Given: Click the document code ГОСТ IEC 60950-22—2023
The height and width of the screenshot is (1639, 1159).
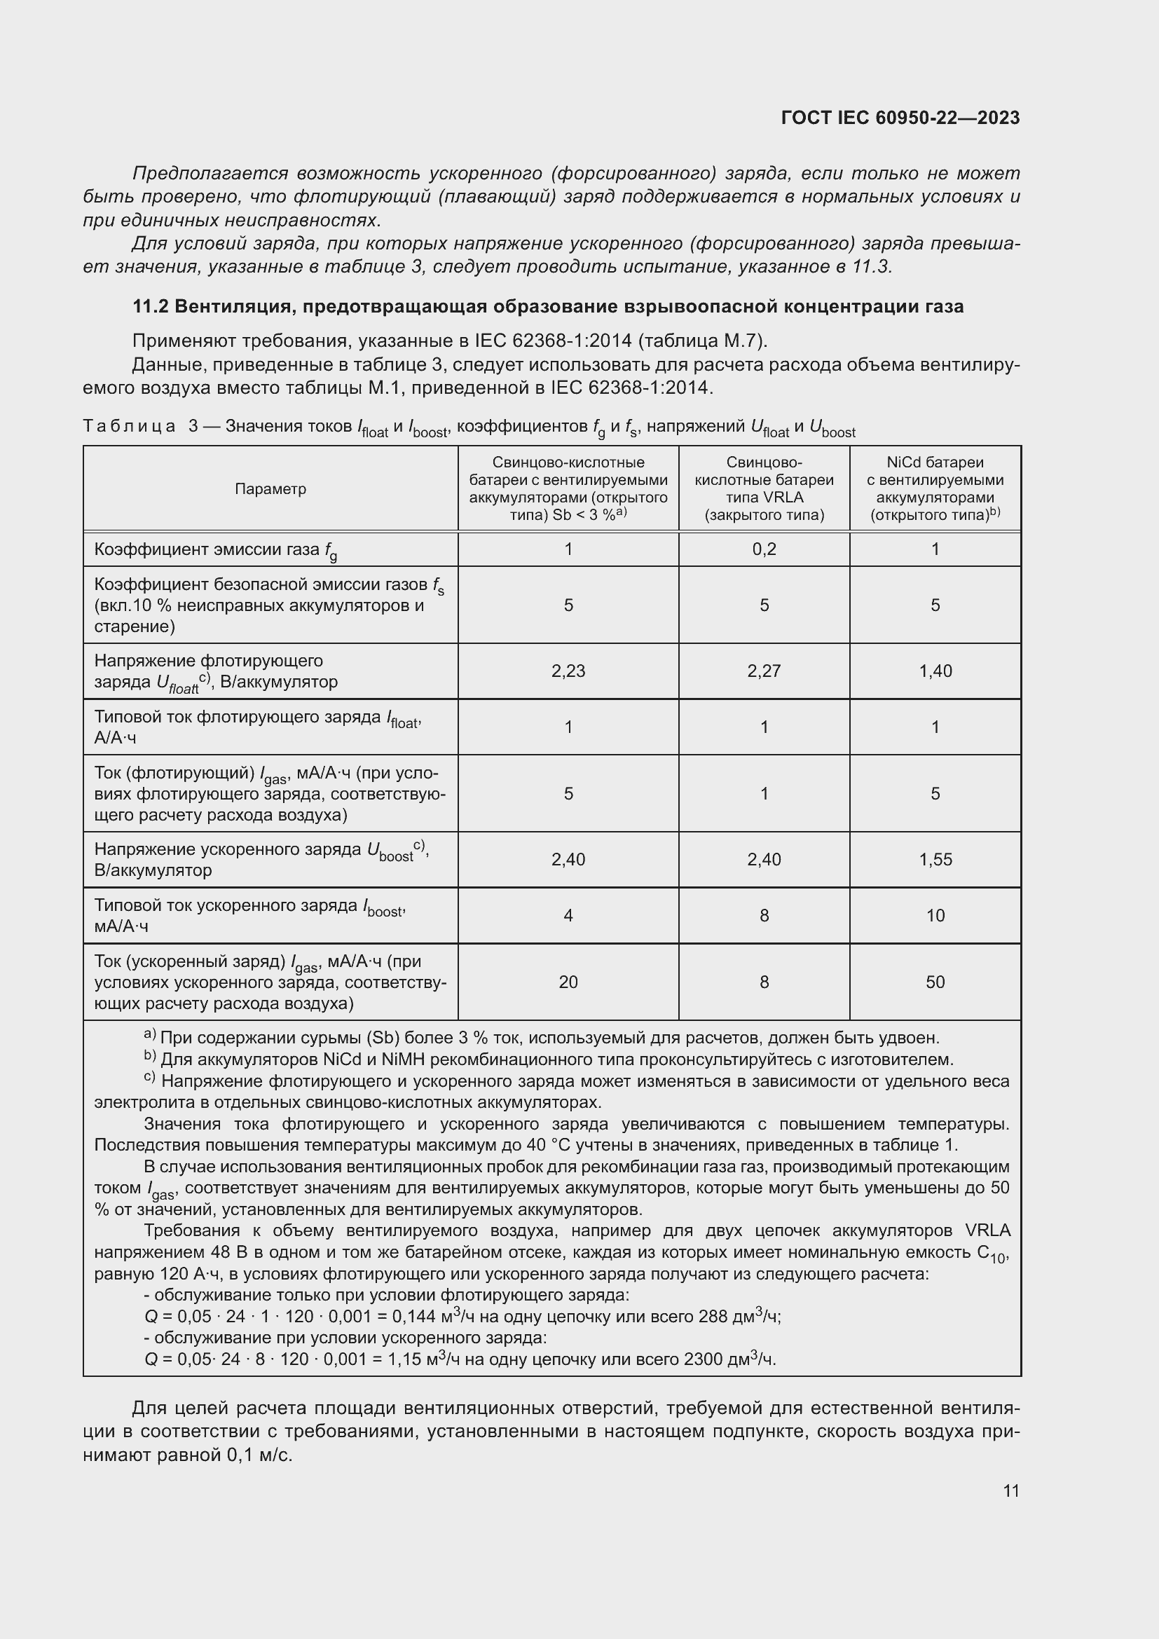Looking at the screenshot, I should pos(900,118).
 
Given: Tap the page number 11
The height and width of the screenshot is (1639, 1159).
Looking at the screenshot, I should pos(1010,1490).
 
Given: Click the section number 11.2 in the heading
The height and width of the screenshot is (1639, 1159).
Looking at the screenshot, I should pos(150,307).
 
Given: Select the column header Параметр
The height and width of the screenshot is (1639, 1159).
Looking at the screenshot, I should pos(270,489).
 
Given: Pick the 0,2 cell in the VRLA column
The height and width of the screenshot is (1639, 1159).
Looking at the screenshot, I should pos(764,549).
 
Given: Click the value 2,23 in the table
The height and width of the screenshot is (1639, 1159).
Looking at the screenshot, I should pos(568,671).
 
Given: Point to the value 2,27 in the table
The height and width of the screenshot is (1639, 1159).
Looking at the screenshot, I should pos(764,671).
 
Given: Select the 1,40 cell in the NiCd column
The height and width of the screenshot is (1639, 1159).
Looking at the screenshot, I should pos(935,671).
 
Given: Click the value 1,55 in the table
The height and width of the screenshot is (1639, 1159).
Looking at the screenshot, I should pos(935,860).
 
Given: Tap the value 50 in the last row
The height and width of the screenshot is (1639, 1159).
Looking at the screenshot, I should pos(935,982).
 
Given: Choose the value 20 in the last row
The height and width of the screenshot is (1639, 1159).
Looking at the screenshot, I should pos(568,982).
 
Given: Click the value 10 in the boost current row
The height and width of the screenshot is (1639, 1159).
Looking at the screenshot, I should pos(935,915).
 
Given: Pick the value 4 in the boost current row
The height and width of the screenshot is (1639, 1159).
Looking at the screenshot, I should pos(568,915).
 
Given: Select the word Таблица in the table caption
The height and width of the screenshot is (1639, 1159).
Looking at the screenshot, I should pos(130,427).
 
